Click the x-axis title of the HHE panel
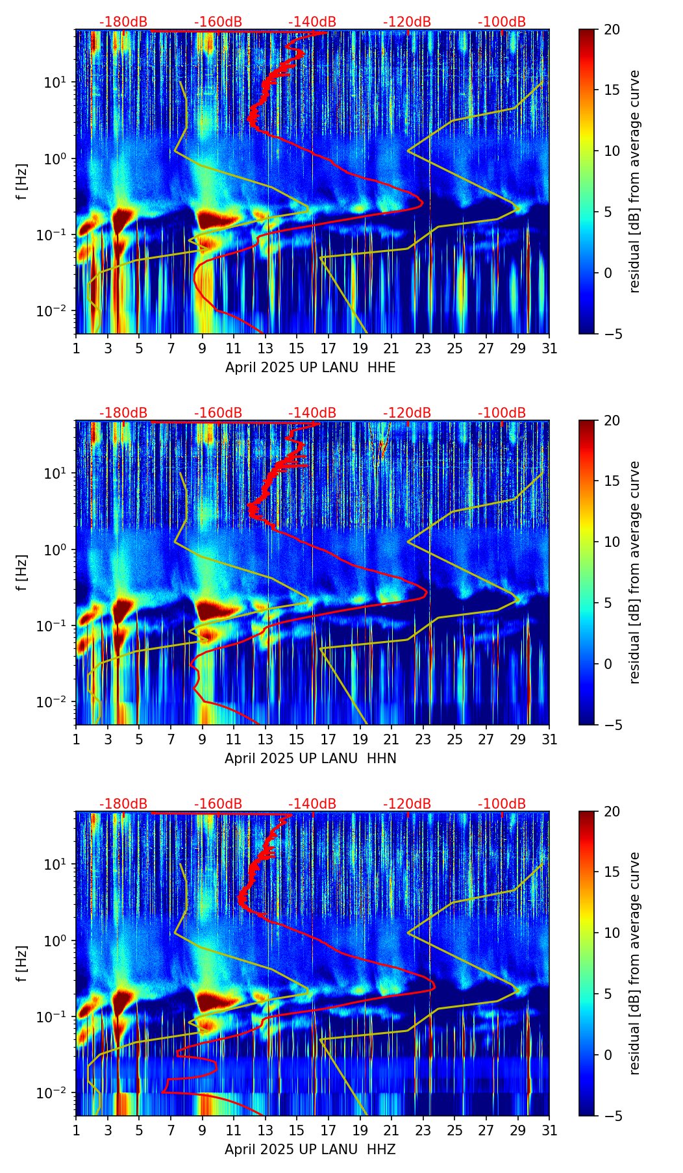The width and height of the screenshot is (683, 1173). (310, 368)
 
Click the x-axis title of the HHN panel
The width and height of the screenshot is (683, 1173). (310, 759)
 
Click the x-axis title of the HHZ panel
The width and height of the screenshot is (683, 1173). (310, 1150)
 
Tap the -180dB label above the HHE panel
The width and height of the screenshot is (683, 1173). (123, 22)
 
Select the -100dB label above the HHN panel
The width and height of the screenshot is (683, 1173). (502, 413)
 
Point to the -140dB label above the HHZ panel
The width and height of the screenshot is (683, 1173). (312, 804)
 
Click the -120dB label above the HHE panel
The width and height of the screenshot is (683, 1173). (407, 22)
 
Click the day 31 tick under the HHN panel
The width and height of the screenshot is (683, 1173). (549, 739)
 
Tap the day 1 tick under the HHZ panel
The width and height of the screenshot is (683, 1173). (77, 1130)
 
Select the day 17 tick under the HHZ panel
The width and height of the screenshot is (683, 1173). (329, 1130)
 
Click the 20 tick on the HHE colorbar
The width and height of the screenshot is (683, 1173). (612, 30)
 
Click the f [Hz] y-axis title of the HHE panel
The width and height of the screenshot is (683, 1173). (22, 181)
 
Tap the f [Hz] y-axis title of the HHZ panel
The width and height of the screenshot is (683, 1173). (22, 963)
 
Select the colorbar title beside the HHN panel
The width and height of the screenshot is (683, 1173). (635, 572)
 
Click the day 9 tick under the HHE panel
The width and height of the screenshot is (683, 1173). (203, 348)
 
